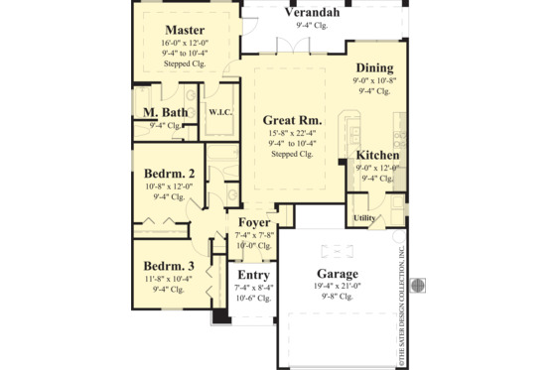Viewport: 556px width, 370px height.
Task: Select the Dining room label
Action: click(373, 67)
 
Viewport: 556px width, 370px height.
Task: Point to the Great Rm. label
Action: click(292, 120)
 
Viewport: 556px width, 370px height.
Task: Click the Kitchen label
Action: click(377, 156)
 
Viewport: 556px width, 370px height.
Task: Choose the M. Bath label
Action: click(166, 114)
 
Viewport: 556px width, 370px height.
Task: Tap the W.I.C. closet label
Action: click(218, 112)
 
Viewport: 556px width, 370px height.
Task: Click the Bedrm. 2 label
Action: click(168, 174)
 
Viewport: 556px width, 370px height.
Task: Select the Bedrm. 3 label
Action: click(168, 266)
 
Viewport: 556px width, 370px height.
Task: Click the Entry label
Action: click(252, 275)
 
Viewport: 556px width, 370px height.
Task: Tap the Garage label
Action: click(338, 273)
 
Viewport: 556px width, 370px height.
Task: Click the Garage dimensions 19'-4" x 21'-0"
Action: click(338, 286)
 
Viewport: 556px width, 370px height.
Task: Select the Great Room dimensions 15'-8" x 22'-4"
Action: click(292, 133)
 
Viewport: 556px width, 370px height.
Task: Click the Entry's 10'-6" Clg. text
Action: click(252, 298)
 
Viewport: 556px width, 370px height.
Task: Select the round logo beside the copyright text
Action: click(419, 283)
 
